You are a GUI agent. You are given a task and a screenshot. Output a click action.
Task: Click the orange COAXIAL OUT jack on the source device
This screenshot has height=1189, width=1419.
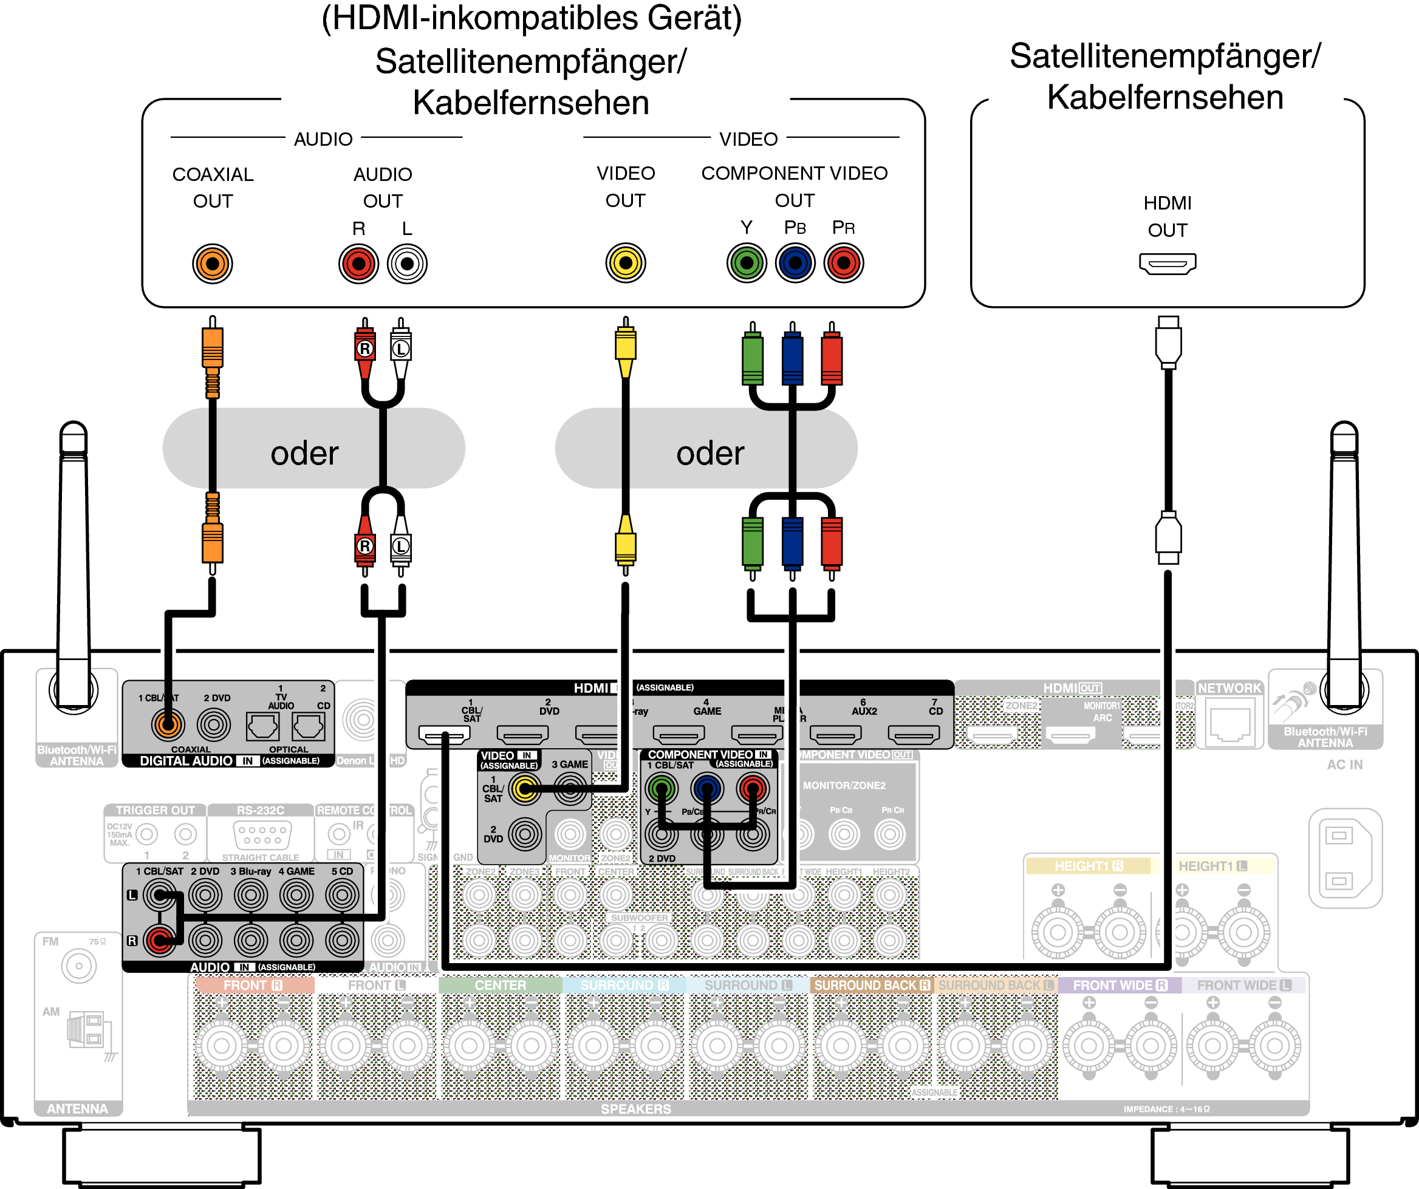212,264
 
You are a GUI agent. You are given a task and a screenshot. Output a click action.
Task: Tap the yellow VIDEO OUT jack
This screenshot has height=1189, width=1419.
626,263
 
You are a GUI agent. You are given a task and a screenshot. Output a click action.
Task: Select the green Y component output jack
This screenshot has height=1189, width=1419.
747,263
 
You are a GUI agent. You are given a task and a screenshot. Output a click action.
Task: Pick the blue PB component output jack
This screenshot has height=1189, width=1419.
795,263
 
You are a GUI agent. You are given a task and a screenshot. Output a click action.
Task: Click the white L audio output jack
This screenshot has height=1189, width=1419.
407,264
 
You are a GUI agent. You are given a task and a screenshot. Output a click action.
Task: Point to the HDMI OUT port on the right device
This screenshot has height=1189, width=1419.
1168,264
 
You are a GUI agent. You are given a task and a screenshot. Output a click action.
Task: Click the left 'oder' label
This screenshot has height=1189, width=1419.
305,453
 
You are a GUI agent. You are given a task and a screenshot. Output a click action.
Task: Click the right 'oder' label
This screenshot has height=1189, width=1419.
710,453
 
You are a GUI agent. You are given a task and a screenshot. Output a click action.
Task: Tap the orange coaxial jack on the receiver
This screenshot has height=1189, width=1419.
168,725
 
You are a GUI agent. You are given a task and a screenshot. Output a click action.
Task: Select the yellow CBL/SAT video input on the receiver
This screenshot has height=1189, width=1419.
525,788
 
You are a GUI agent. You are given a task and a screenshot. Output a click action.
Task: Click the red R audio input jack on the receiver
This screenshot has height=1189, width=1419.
160,939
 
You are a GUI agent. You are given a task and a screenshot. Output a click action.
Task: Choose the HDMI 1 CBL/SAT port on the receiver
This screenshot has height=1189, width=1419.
444,734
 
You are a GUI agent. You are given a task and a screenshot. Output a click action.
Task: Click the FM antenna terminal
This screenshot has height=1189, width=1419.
78,966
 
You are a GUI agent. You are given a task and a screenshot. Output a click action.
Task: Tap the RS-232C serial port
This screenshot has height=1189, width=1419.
261,835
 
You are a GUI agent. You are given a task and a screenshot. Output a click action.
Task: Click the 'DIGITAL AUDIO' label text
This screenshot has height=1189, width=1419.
186,761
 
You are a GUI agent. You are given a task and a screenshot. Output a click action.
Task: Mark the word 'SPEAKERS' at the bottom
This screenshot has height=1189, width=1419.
636,1109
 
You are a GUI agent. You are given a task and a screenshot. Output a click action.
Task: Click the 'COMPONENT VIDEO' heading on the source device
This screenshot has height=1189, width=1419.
794,174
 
